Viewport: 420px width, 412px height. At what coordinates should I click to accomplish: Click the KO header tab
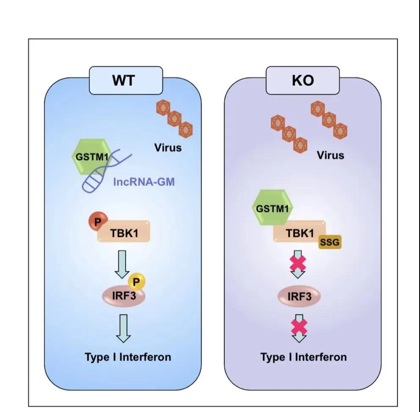(x=302, y=80)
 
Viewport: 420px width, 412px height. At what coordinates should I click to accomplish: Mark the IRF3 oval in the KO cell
(x=299, y=296)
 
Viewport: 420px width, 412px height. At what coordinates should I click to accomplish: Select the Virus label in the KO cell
(x=330, y=155)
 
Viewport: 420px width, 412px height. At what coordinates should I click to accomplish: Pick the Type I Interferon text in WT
(x=128, y=357)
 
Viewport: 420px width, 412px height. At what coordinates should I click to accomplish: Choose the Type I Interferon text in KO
(x=303, y=357)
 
